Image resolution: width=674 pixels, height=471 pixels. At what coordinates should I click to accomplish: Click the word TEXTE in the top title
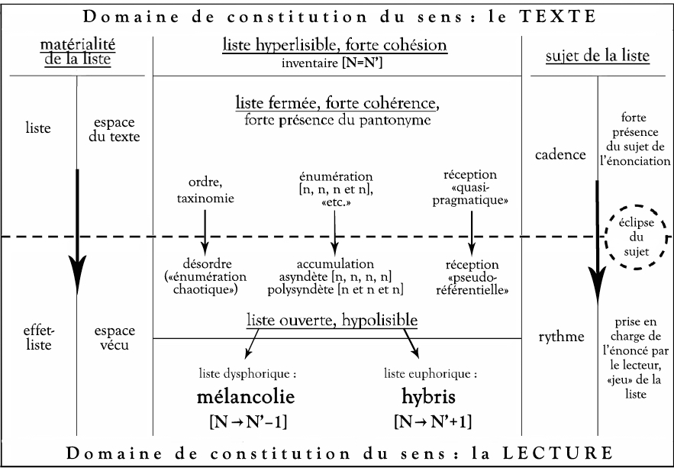pyautogui.click(x=558, y=16)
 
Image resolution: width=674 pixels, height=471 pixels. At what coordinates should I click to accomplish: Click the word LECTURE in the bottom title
pyautogui.click(x=558, y=453)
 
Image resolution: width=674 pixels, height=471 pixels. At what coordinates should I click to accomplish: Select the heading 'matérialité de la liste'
pyautogui.click(x=78, y=52)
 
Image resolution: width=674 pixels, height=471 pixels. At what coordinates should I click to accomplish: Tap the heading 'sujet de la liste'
pyautogui.click(x=598, y=56)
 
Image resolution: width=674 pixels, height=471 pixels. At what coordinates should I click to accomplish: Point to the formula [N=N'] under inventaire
pyautogui.click(x=363, y=63)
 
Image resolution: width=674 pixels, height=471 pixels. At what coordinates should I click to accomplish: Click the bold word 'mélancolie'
pyautogui.click(x=246, y=397)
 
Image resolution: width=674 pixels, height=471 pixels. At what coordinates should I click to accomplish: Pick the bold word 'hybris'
pyautogui.click(x=428, y=397)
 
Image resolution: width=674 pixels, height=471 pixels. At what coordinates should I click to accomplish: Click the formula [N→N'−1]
pyautogui.click(x=248, y=422)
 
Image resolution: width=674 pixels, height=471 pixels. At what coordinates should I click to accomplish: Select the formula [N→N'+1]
pyautogui.click(x=433, y=421)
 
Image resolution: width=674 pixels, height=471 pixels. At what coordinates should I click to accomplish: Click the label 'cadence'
pyautogui.click(x=560, y=155)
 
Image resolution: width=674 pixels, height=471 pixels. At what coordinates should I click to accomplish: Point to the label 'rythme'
pyautogui.click(x=561, y=337)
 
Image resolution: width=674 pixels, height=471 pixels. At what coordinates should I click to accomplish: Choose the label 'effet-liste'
pyautogui.click(x=38, y=337)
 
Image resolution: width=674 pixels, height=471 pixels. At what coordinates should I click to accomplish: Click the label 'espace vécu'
pyautogui.click(x=114, y=337)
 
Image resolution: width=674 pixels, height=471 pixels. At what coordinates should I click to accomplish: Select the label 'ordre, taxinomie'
pyautogui.click(x=205, y=190)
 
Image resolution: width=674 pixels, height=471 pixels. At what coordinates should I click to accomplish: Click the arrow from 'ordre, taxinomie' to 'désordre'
pyautogui.click(x=205, y=233)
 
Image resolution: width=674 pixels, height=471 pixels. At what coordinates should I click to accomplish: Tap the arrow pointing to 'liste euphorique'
pyautogui.click(x=411, y=344)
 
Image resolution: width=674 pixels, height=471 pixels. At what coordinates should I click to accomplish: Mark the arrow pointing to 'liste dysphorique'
pyautogui.click(x=252, y=344)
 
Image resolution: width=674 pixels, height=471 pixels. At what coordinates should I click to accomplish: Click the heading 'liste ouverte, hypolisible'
pyautogui.click(x=332, y=321)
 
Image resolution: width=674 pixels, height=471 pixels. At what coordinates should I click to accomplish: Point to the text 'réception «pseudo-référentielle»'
pyautogui.click(x=472, y=277)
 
